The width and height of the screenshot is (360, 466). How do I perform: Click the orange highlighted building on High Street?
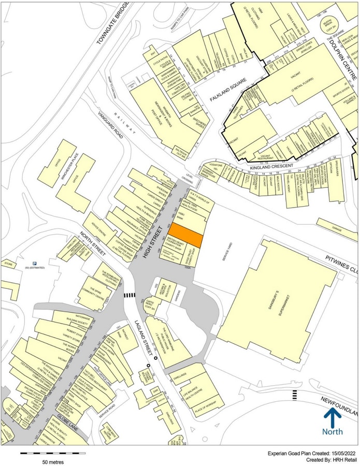pyautogui.click(x=187, y=236)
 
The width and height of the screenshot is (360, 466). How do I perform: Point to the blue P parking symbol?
pyautogui.click(x=34, y=263)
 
